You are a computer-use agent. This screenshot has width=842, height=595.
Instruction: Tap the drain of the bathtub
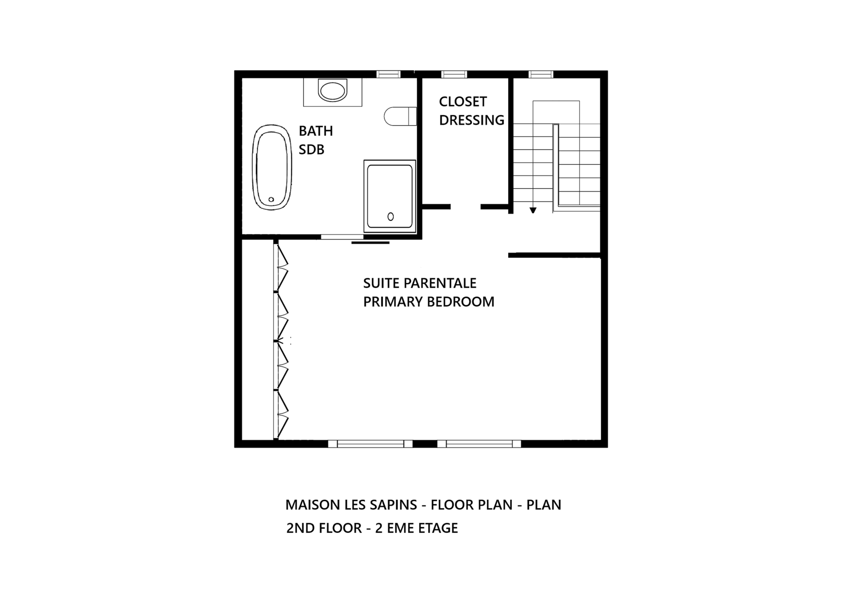(x=271, y=199)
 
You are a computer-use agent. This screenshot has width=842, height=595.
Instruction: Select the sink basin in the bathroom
(x=333, y=90)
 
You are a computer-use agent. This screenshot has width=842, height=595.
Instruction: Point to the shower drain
(x=391, y=216)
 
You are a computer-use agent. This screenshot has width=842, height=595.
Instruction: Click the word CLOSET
(x=463, y=102)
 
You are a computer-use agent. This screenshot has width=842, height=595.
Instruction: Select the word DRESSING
(x=472, y=120)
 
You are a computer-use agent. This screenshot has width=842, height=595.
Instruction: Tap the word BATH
(x=316, y=131)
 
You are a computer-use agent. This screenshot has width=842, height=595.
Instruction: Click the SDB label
(x=311, y=150)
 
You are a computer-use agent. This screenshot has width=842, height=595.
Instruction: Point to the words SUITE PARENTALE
(x=420, y=283)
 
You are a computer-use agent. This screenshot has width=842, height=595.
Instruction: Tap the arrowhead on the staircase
(x=533, y=210)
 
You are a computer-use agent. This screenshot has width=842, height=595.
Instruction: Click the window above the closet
(x=454, y=74)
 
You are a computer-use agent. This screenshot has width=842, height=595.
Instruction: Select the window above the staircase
(x=541, y=74)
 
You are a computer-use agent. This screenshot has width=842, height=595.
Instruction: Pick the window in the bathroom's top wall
(x=389, y=74)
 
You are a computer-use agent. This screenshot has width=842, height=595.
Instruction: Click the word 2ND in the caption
(x=300, y=528)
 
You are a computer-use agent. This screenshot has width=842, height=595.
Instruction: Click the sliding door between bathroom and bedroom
(x=342, y=237)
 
